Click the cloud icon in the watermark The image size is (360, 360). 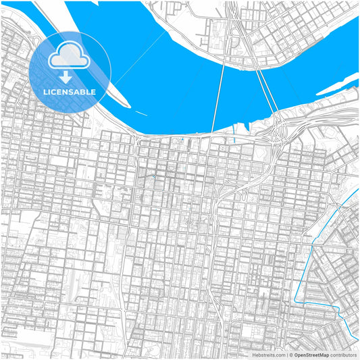pos(70,56)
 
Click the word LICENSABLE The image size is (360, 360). pos(70,92)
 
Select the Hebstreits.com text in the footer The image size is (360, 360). pos(269,355)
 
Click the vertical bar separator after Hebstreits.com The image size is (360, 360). pos(286,355)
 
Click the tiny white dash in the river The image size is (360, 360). pos(140,112)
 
